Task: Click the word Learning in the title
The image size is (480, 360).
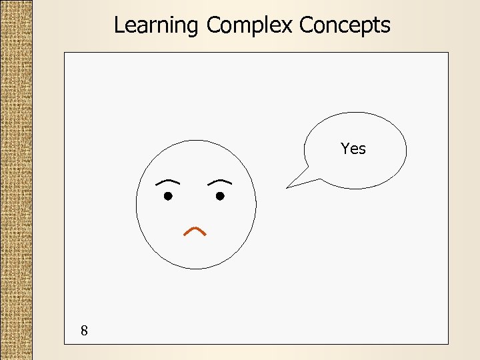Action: coord(156,25)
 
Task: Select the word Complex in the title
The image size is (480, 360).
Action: coord(250,25)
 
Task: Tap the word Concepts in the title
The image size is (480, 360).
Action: coord(345,25)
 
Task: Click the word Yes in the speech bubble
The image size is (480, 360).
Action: coord(353,149)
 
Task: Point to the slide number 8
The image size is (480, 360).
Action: coord(84,330)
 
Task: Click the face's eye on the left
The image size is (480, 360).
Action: coord(169,196)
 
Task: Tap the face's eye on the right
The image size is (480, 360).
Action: coord(220,196)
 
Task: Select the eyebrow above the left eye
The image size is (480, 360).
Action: coord(167,181)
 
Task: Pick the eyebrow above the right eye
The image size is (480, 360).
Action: coord(219,181)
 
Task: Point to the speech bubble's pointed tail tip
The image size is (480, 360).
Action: coord(288,187)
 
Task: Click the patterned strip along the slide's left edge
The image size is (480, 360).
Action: coord(15,180)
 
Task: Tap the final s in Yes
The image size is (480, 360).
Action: coord(362,149)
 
